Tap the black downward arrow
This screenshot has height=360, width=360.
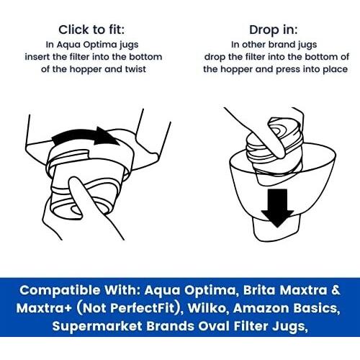pyautogui.click(x=277, y=208)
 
